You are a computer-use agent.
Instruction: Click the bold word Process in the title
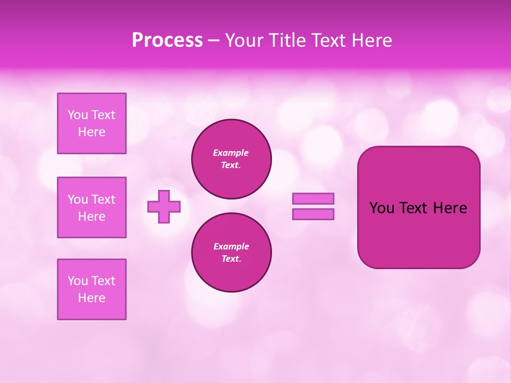click(x=167, y=40)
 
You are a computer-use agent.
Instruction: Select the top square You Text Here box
click(x=92, y=123)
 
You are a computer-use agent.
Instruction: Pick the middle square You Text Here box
click(x=92, y=207)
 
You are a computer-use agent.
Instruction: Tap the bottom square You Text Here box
click(x=92, y=289)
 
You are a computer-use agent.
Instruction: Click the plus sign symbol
click(x=164, y=206)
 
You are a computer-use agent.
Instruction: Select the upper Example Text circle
click(x=232, y=159)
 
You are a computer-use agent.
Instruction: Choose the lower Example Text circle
click(x=232, y=253)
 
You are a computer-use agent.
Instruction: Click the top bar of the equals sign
click(x=313, y=199)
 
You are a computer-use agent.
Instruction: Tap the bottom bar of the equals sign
click(x=313, y=214)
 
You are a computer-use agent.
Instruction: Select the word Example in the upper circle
click(x=231, y=153)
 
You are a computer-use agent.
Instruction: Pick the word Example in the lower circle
click(x=231, y=246)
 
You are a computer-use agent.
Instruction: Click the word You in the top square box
click(x=78, y=115)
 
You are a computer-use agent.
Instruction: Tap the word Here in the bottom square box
click(x=92, y=298)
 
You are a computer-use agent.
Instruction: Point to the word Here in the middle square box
click(x=92, y=217)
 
